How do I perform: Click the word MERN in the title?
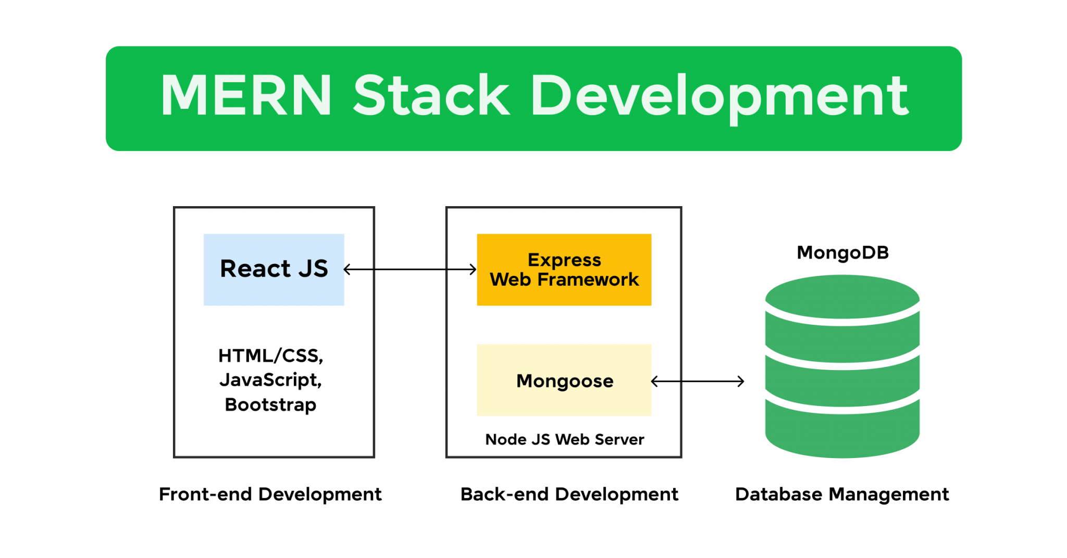click(246, 96)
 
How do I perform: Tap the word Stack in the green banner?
click(431, 96)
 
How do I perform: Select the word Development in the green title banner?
click(719, 97)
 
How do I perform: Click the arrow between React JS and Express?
click(411, 269)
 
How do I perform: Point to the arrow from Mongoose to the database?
click(698, 382)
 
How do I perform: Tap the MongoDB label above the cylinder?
click(842, 252)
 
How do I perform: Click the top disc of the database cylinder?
click(842, 296)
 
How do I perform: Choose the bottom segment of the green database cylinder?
click(842, 435)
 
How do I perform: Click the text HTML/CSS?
click(270, 356)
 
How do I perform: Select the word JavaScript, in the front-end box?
click(270, 380)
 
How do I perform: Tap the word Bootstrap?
click(270, 404)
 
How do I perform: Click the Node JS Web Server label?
click(564, 439)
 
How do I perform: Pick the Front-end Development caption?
click(270, 494)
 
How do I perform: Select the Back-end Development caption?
click(569, 494)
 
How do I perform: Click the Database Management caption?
click(842, 494)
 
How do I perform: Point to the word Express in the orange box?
click(564, 259)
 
